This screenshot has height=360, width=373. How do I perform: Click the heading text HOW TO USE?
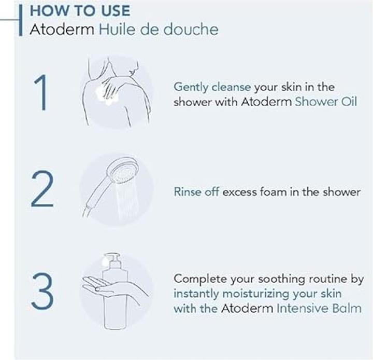coord(80,11)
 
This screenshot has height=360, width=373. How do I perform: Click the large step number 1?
coord(40,92)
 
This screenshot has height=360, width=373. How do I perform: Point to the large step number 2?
coord(42,189)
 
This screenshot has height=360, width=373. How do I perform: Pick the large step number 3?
coord(42,292)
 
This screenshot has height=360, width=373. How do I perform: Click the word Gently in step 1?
coord(191,87)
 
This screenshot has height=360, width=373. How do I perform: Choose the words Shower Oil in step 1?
coord(326,102)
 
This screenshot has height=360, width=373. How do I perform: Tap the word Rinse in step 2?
coord(188,192)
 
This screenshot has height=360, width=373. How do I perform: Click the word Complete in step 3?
coord(200,279)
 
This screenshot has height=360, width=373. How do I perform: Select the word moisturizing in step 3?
coord(255,294)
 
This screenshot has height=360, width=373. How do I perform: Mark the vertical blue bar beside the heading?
coord(21,20)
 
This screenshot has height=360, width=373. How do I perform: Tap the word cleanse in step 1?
coord(231,87)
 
